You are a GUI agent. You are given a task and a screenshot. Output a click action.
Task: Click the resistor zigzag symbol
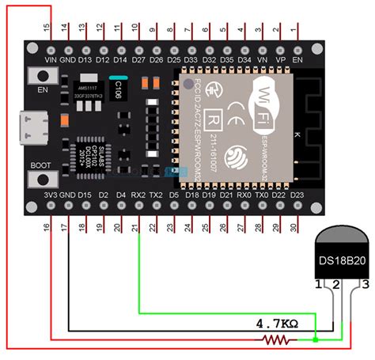tap(277, 340)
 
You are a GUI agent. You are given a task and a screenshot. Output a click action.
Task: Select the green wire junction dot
tap(316, 340)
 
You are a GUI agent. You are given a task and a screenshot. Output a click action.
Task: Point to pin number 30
tap(296, 227)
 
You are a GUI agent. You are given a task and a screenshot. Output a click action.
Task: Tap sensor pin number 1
tap(317, 282)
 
